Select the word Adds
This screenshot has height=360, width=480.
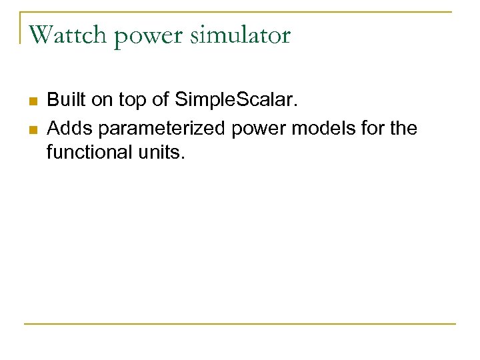point(69,127)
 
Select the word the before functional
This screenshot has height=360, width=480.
point(403,127)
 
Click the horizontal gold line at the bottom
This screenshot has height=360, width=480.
point(240,324)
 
